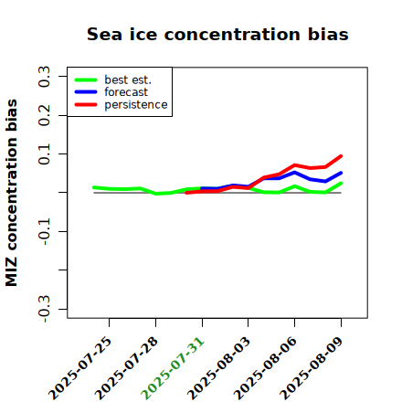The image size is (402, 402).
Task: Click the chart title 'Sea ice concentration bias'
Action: (217, 34)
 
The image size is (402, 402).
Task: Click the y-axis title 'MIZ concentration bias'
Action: (12, 193)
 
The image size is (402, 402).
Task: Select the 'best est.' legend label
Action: (128, 79)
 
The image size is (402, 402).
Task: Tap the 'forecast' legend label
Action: (126, 92)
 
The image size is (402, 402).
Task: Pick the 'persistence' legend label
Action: (136, 105)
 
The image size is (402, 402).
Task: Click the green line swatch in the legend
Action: (86, 79)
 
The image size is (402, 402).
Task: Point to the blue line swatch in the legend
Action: (86, 92)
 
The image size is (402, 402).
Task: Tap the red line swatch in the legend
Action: (86, 105)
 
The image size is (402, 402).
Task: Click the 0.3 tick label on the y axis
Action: (44, 77)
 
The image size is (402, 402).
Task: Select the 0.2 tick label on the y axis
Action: (44, 115)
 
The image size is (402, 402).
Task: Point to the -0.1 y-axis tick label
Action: (44, 232)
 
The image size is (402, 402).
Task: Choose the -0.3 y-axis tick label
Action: (44, 309)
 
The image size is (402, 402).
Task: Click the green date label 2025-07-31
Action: (173, 368)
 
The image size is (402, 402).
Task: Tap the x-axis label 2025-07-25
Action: (80, 368)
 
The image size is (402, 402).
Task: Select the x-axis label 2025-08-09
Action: (312, 368)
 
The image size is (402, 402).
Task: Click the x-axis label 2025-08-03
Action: (218, 368)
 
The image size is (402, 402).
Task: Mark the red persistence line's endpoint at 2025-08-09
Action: (341, 156)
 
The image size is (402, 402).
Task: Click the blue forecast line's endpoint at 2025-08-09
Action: (341, 173)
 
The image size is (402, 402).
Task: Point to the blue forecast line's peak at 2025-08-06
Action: (294, 173)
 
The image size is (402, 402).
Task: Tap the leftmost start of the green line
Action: (94, 187)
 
